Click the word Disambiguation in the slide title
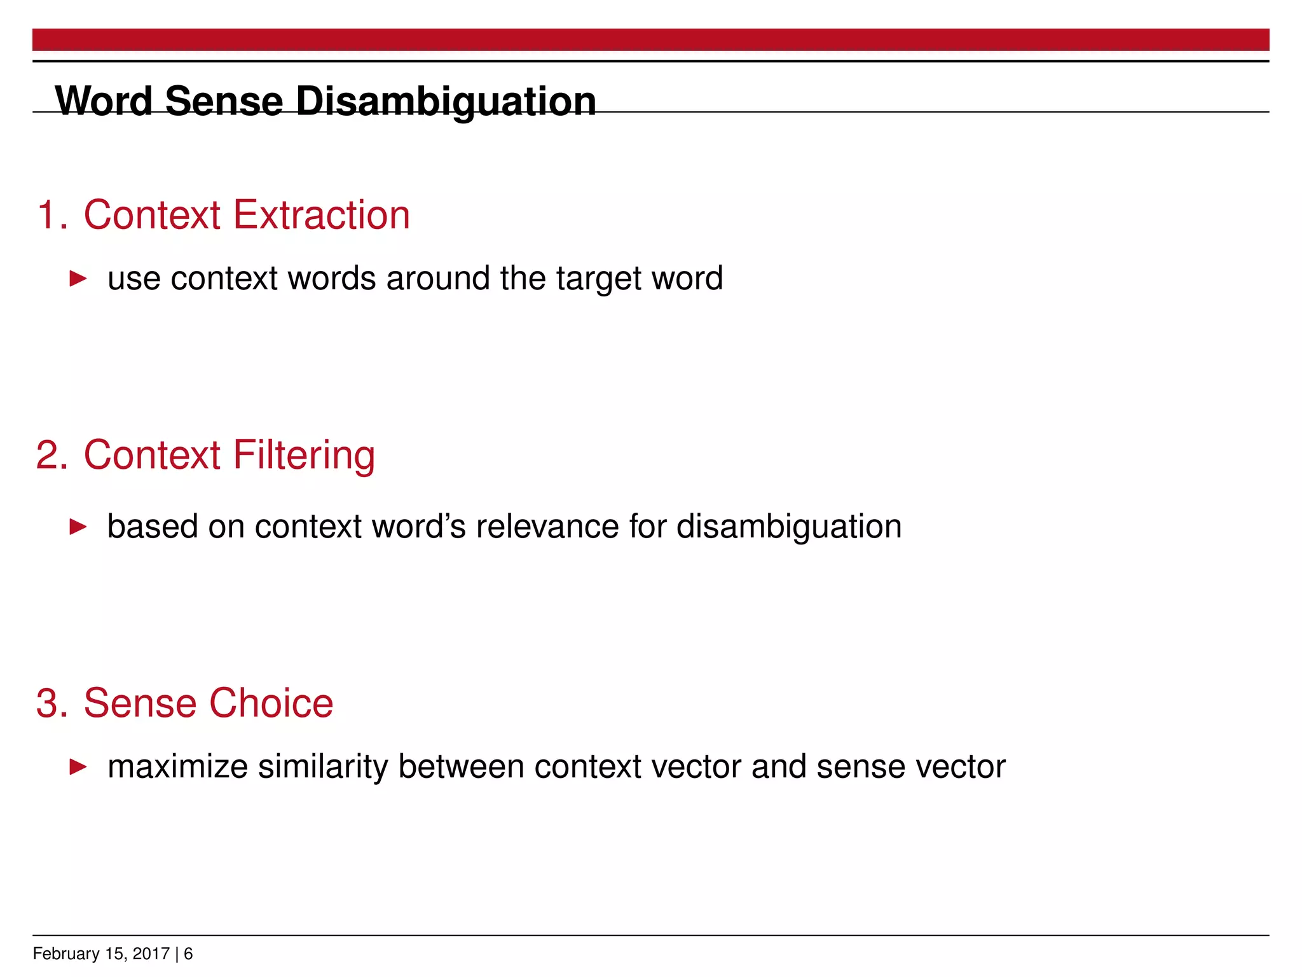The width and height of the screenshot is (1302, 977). [446, 102]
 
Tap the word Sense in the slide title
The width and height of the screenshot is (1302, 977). [224, 102]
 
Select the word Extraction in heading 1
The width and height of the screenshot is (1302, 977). [322, 215]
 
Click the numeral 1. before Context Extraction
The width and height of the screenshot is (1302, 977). [52, 215]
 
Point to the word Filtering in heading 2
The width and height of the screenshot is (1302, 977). [304, 455]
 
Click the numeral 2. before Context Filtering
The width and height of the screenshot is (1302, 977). [52, 455]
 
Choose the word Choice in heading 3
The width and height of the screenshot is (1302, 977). [271, 703]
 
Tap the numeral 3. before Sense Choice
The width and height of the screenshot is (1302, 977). [52, 703]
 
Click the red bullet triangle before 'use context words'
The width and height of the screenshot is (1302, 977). [78, 279]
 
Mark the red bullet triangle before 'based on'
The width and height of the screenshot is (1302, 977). [78, 527]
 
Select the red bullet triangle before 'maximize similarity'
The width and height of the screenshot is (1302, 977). [78, 766]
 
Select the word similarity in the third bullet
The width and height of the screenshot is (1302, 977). [323, 768]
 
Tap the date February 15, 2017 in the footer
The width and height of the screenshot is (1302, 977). [101, 954]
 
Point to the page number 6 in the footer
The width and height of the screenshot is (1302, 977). [188, 954]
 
